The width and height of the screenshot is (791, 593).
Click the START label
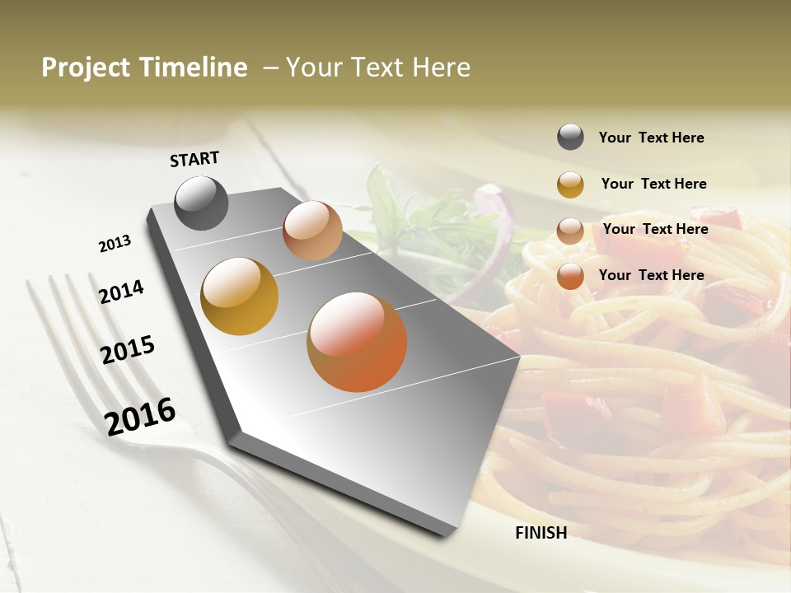pyautogui.click(x=194, y=159)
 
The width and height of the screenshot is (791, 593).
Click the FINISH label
pyautogui.click(x=541, y=533)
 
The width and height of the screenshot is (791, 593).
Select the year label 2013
pyautogui.click(x=115, y=244)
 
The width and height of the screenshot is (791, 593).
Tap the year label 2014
pyautogui.click(x=122, y=292)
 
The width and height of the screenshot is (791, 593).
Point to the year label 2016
pyautogui.click(x=140, y=417)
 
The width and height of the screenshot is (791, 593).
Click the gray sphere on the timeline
pyautogui.click(x=202, y=203)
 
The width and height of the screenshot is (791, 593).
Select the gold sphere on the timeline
pyautogui.click(x=239, y=296)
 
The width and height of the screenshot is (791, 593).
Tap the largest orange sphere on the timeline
pyautogui.click(x=357, y=342)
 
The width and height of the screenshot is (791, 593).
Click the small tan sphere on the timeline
pyautogui.click(x=312, y=231)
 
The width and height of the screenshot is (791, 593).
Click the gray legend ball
pyautogui.click(x=570, y=138)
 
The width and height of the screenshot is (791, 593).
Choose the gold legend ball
pyautogui.click(x=570, y=184)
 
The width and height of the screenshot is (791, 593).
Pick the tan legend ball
pyautogui.click(x=570, y=230)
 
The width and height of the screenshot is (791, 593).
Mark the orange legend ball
pyautogui.click(x=570, y=276)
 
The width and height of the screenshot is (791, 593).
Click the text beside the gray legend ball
pyautogui.click(x=651, y=138)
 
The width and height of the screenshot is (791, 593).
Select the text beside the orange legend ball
pyautogui.click(x=651, y=275)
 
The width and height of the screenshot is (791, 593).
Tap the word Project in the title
pyautogui.click(x=85, y=68)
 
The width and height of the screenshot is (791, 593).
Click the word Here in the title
pyautogui.click(x=441, y=68)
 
